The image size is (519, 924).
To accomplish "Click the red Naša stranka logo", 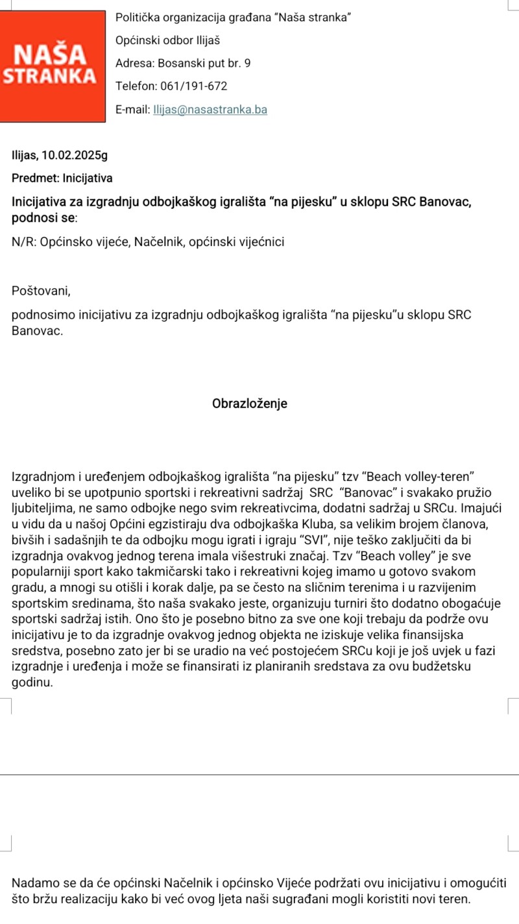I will [x=53, y=63].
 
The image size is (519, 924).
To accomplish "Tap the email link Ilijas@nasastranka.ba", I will [x=210, y=110].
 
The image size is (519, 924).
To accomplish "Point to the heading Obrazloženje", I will [x=250, y=403].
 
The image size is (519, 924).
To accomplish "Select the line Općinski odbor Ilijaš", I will [x=168, y=41].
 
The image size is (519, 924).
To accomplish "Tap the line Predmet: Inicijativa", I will [x=62, y=178].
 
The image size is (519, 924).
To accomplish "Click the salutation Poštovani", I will [x=40, y=291].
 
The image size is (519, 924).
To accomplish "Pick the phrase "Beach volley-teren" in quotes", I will [x=423, y=478].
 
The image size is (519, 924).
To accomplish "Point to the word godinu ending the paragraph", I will [x=32, y=682].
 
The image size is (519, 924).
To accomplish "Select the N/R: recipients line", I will [x=148, y=242].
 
